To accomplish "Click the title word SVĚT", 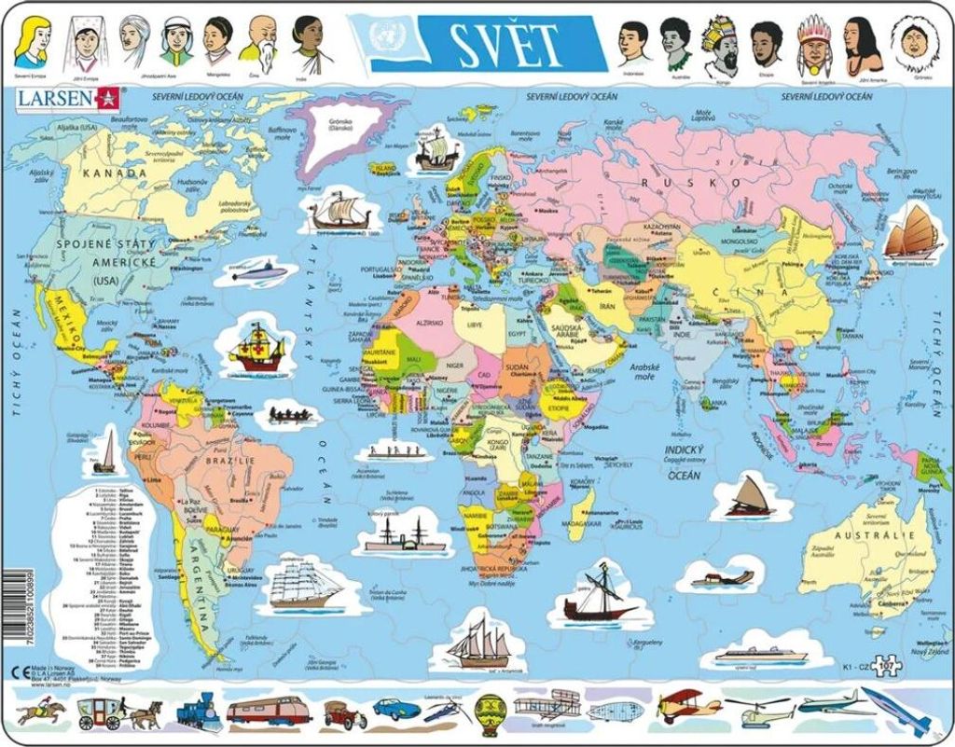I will (505, 41).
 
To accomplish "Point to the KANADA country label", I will (114, 173).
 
